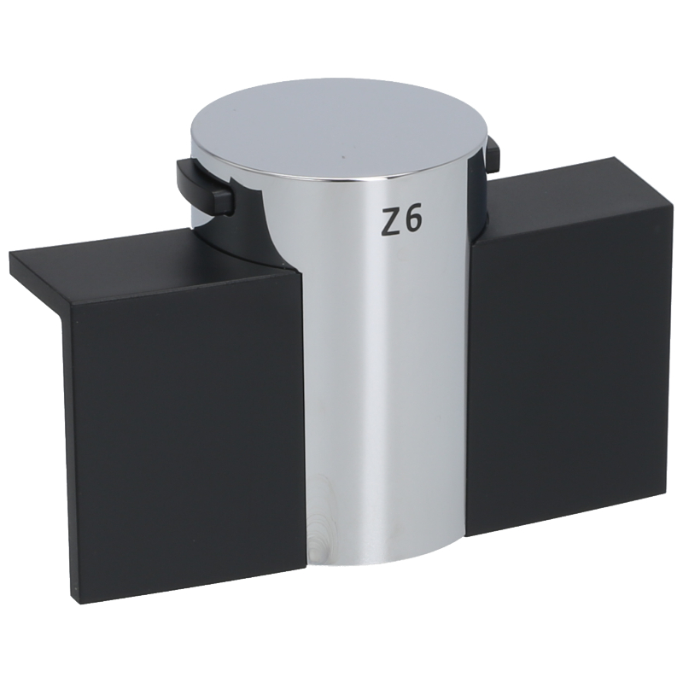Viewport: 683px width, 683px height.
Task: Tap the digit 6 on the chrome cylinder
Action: pyautogui.click(x=412, y=219)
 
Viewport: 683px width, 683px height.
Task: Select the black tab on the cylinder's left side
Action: pyautogui.click(x=204, y=185)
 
